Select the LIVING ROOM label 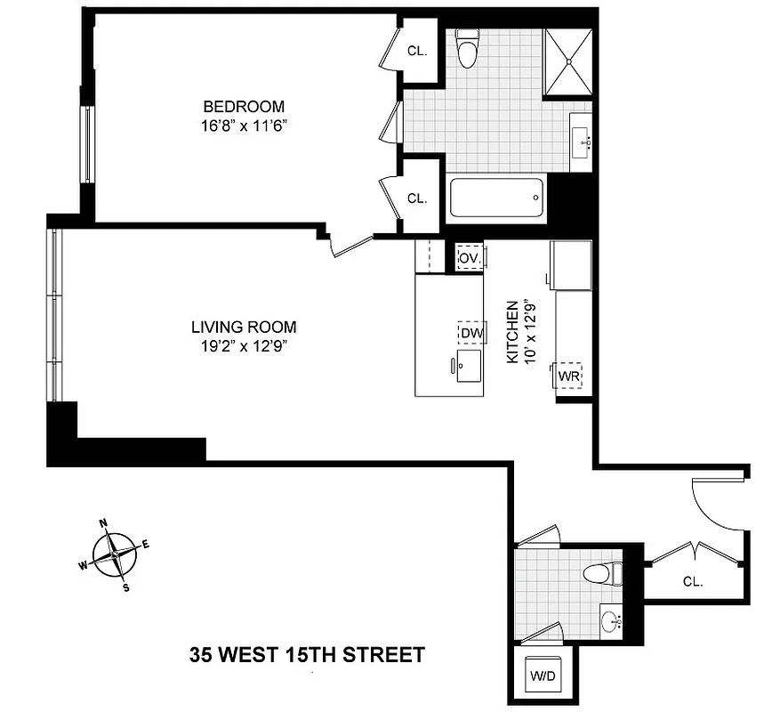(x=242, y=327)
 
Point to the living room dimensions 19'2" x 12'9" (x=242, y=345)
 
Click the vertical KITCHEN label (x=512, y=331)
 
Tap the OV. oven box (x=470, y=257)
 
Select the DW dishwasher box (x=470, y=333)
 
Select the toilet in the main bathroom (x=467, y=49)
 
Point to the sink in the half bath (x=611, y=619)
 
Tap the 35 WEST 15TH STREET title (x=307, y=656)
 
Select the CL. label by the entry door (x=692, y=582)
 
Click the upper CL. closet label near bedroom (x=417, y=52)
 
